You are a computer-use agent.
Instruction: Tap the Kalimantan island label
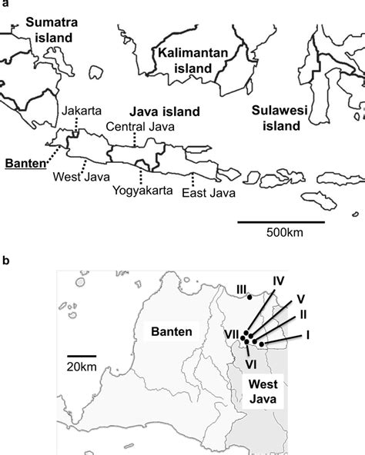[186, 60]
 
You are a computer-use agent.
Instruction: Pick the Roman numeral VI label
[249, 363]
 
